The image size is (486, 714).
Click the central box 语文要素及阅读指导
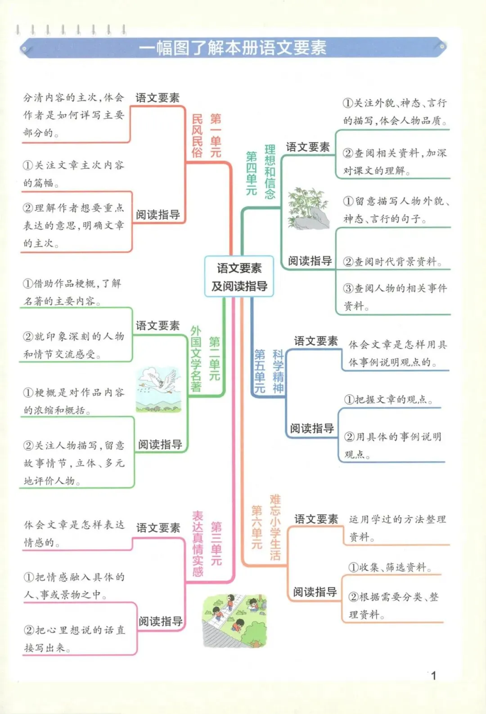(x=239, y=277)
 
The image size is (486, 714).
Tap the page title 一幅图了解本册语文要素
(x=232, y=48)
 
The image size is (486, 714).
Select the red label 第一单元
(x=216, y=135)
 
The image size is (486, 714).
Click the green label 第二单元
(x=215, y=359)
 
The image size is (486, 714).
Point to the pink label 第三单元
(x=216, y=543)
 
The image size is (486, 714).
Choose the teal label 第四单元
(x=252, y=173)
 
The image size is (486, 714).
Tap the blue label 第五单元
(x=260, y=371)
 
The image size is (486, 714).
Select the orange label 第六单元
(x=256, y=527)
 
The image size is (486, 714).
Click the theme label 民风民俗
(x=197, y=135)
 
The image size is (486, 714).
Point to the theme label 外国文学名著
(x=196, y=359)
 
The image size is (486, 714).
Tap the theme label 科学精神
(x=278, y=371)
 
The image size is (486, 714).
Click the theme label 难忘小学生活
(x=275, y=527)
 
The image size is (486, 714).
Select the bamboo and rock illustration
(x=308, y=208)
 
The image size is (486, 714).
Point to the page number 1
(x=433, y=675)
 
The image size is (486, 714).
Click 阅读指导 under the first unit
(x=158, y=215)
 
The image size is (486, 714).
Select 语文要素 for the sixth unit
(x=316, y=519)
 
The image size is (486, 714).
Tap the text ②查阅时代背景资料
(x=392, y=261)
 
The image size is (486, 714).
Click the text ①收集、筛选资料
(x=390, y=567)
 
